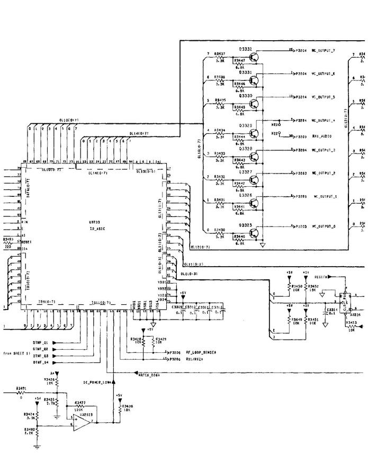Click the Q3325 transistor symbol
coord(256,233)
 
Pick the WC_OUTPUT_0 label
coord(323,226)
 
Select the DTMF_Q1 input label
coord(40,342)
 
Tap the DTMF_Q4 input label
coord(40,362)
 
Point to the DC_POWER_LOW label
coord(96,382)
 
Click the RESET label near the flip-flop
coord(321,277)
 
